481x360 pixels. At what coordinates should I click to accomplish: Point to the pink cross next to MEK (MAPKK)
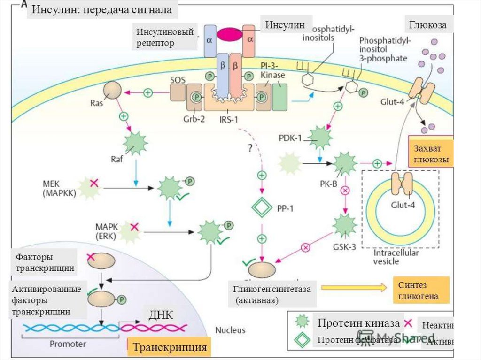[x=94, y=182]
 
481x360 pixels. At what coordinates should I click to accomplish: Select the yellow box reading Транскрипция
[x=170, y=347]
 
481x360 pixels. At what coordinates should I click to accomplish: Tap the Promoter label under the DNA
[x=69, y=344]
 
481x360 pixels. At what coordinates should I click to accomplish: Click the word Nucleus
[x=230, y=330]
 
